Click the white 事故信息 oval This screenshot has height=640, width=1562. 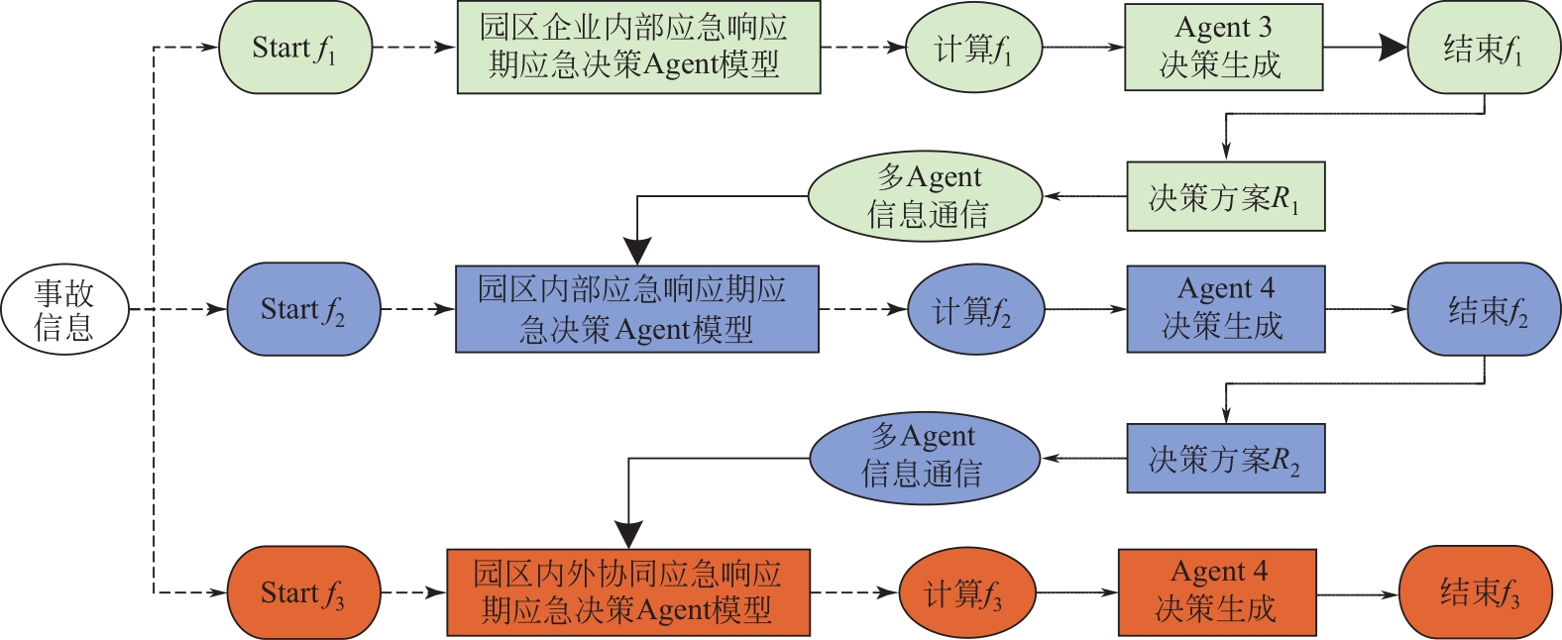pyautogui.click(x=64, y=309)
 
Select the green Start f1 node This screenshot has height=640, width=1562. pyautogui.click(x=294, y=48)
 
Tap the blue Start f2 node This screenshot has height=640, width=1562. pyautogui.click(x=303, y=309)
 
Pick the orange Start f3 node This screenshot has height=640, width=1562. pyautogui.click(x=303, y=592)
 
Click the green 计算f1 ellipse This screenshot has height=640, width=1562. pyautogui.click(x=973, y=48)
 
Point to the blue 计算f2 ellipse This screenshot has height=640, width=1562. pyautogui.click(x=975, y=309)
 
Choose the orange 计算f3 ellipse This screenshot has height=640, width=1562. pyautogui.click(x=966, y=593)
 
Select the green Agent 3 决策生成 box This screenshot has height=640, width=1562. pyautogui.click(x=1223, y=48)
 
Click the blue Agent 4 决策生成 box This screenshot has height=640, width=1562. pyautogui.click(x=1225, y=309)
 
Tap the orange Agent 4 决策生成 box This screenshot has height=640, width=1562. pyautogui.click(x=1217, y=592)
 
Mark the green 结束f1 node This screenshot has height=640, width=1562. pyautogui.click(x=1484, y=48)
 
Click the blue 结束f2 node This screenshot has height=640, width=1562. pyautogui.click(x=1484, y=309)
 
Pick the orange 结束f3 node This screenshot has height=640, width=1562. pyautogui.click(x=1476, y=592)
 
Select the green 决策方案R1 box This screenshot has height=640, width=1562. pyautogui.click(x=1225, y=197)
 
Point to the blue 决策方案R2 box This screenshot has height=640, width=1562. pyautogui.click(x=1225, y=459)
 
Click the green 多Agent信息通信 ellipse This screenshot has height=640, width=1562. pyautogui.click(x=926, y=196)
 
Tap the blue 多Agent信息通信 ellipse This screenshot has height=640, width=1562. pyautogui.click(x=925, y=458)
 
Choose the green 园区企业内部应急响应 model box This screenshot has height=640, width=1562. pyautogui.click(x=638, y=48)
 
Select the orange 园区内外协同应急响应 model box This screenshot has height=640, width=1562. pyautogui.click(x=628, y=592)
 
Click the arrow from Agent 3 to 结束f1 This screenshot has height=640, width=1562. pyautogui.click(x=1365, y=48)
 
